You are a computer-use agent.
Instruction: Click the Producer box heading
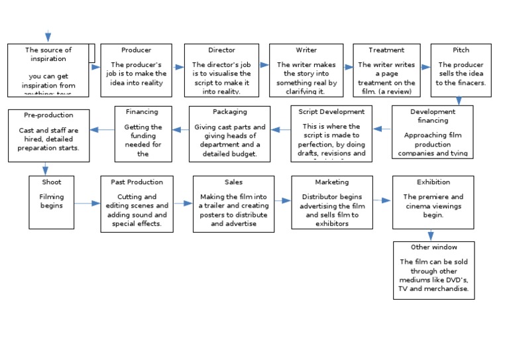tap(136, 50)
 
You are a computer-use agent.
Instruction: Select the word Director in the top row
tap(221, 50)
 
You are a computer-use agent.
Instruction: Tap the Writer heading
tap(306, 50)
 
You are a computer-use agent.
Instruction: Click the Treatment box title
tap(386, 50)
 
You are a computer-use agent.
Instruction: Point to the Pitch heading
tap(461, 50)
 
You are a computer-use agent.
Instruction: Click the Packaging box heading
tap(229, 112)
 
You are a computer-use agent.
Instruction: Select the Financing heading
tap(142, 112)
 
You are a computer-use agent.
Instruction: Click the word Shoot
tap(51, 182)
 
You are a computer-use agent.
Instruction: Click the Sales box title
tap(233, 182)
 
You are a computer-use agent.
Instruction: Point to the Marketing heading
tap(331, 182)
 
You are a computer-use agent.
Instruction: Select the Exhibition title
tap(433, 182)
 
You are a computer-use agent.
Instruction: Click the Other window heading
tap(433, 247)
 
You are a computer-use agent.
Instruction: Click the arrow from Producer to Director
tap(178, 67)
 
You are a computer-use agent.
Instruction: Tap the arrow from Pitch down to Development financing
tap(459, 101)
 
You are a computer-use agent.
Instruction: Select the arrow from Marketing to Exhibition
tap(382, 200)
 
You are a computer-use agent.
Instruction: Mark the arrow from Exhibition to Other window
tap(431, 235)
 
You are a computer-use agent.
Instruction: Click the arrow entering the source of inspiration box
tap(48, 36)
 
